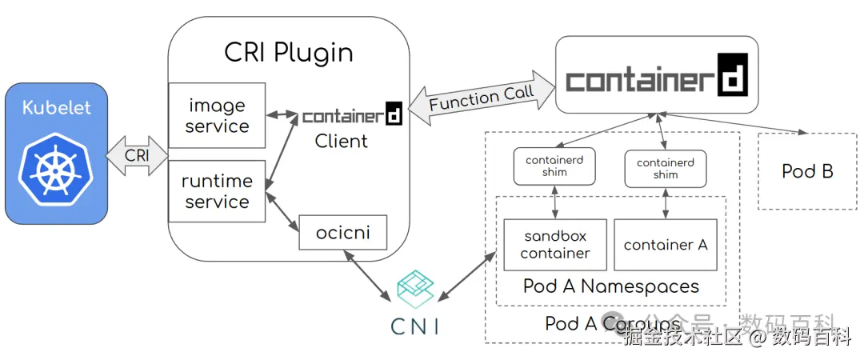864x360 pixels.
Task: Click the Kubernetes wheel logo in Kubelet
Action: point(56,169)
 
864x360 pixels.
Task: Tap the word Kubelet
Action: point(56,108)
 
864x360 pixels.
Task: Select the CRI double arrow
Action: point(137,154)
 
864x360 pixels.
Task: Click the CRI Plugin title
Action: point(288,53)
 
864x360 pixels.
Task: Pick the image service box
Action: point(217,115)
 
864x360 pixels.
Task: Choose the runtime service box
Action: point(216,191)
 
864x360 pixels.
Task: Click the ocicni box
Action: point(341,234)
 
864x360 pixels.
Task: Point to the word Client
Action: point(341,142)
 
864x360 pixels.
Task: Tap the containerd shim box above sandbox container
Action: point(554,166)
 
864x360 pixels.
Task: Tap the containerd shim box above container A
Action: point(665,168)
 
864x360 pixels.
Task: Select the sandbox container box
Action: point(554,244)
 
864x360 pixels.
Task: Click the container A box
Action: point(666,244)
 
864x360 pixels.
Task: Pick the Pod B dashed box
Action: point(806,170)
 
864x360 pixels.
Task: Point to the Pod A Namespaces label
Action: point(610,286)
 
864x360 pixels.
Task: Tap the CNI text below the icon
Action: point(414,326)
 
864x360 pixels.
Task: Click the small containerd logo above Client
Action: point(352,116)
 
